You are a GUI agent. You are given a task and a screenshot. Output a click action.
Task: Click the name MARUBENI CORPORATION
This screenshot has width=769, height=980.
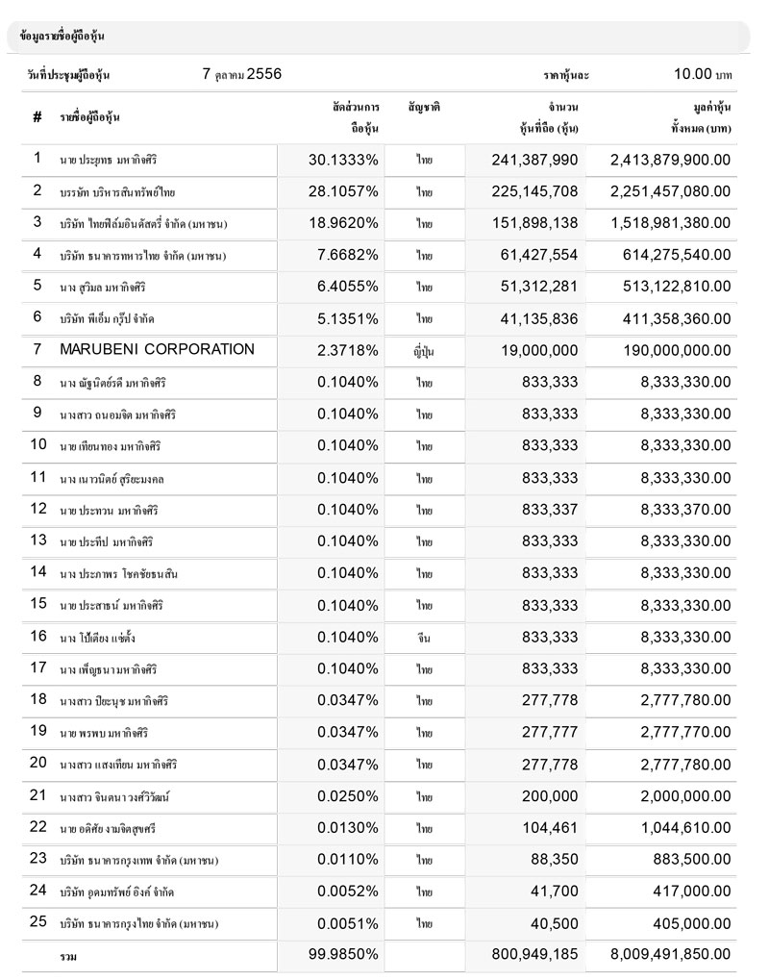pyautogui.click(x=157, y=349)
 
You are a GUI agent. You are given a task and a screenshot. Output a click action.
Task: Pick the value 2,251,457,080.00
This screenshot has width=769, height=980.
pyautogui.click(x=670, y=190)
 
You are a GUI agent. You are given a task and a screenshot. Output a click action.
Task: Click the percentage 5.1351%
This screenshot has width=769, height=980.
pyautogui.click(x=348, y=317)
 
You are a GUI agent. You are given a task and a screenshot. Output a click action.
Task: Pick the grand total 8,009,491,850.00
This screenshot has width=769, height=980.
pyautogui.click(x=670, y=955)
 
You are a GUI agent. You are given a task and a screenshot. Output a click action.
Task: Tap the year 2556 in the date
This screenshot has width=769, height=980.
pyautogui.click(x=264, y=73)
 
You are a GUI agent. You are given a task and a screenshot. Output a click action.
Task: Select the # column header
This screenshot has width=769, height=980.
pyautogui.click(x=37, y=117)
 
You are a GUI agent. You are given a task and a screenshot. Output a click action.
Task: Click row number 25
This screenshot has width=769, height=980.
pyautogui.click(x=38, y=921)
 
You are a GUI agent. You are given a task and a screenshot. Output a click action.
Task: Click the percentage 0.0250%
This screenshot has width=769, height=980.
pyautogui.click(x=348, y=795)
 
